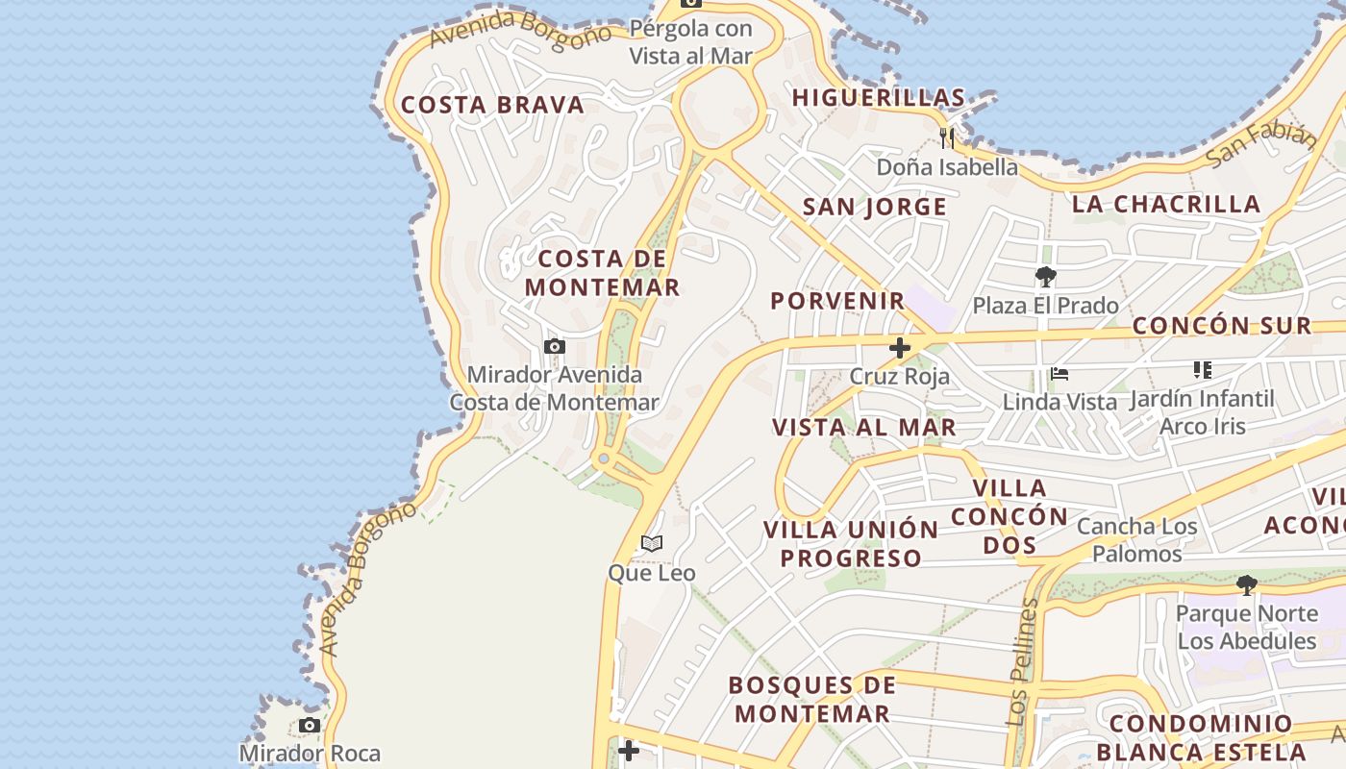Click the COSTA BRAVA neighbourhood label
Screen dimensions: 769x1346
click(x=492, y=105)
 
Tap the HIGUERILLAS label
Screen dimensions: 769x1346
click(x=878, y=97)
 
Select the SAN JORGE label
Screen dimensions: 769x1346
click(x=875, y=207)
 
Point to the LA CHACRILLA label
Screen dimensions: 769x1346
click(x=1166, y=204)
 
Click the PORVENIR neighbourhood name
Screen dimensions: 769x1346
click(x=838, y=300)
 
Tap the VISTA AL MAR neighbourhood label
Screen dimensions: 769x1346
click(x=864, y=427)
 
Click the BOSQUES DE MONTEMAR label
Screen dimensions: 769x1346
click(x=812, y=699)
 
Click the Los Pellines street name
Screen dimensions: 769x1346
click(x=1022, y=662)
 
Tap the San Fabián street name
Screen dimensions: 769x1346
click(x=1259, y=144)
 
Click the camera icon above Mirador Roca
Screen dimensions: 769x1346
click(x=310, y=725)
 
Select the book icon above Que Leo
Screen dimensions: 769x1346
click(x=652, y=544)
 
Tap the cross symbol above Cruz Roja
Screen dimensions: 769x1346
click(x=900, y=348)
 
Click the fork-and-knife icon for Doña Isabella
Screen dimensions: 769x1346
click(x=947, y=138)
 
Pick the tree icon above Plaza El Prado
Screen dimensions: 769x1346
click(x=1046, y=278)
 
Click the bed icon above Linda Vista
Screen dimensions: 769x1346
click(x=1059, y=373)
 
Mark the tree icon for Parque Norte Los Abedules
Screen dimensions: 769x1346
click(x=1246, y=584)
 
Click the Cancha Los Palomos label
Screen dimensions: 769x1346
click(x=1137, y=539)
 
